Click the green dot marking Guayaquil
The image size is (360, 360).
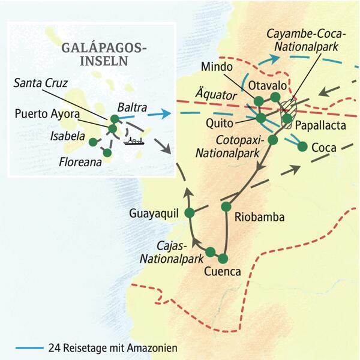[190, 213]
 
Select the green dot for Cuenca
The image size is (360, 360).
[223, 259]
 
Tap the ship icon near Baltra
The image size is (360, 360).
[133, 141]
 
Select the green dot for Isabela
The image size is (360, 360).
[92, 142]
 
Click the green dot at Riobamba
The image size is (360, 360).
[226, 206]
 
